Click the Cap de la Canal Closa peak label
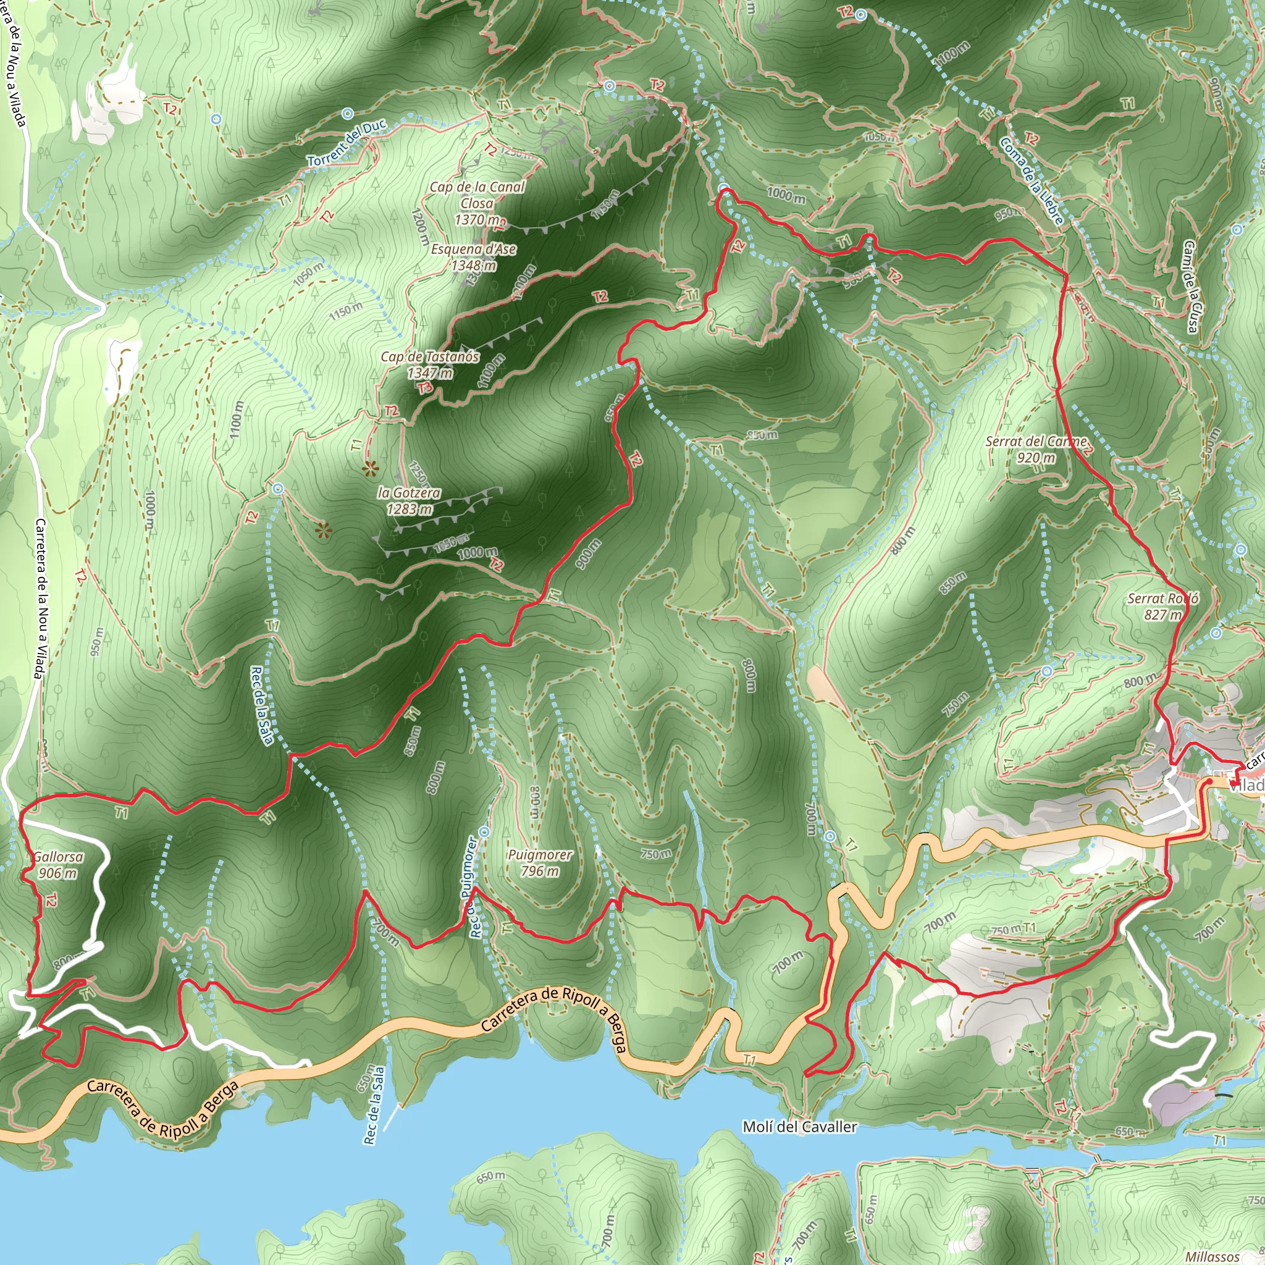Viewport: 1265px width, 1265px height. (477, 203)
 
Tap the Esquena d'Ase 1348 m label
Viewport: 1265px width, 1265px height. (473, 258)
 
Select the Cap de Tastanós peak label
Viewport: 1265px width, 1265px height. (429, 364)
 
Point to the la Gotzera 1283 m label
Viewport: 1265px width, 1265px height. (410, 501)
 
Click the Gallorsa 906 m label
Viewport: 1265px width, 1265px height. (58, 864)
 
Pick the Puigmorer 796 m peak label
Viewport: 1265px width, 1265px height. (539, 862)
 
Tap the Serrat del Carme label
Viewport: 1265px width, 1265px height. (1037, 449)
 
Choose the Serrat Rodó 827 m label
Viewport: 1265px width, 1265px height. (1163, 607)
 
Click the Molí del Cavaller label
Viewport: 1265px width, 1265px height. (799, 1127)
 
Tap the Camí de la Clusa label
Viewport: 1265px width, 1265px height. (1190, 286)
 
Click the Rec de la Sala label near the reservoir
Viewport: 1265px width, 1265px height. (374, 1105)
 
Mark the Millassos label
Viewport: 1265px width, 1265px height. (1212, 1256)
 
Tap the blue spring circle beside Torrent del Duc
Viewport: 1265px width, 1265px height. (348, 113)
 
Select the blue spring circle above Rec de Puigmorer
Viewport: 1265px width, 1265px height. (484, 831)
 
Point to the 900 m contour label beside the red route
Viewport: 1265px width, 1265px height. (587, 554)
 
